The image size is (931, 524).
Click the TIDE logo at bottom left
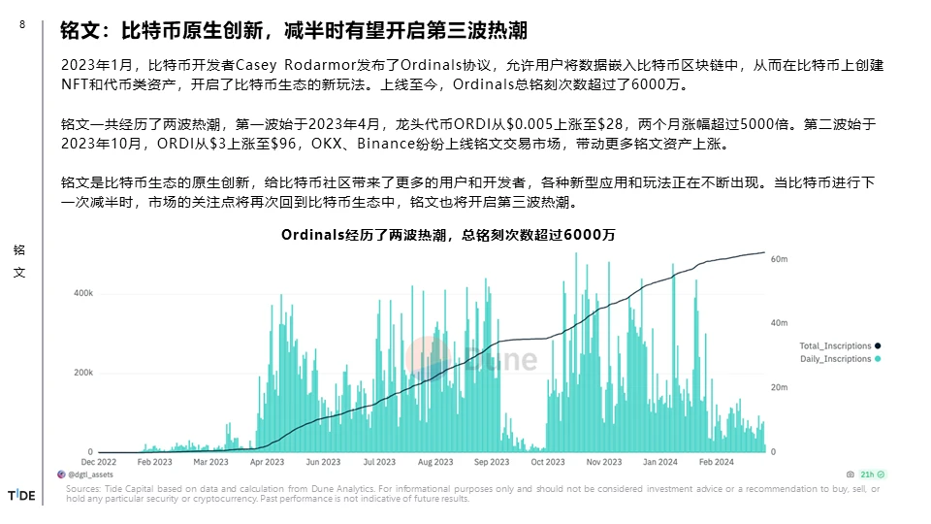point(21,496)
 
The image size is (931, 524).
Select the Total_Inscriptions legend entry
point(835,345)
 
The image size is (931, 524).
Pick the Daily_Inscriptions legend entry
point(835,359)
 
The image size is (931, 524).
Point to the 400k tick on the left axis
point(83,292)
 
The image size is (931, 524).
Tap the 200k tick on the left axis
point(83,373)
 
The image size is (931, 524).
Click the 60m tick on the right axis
point(778,260)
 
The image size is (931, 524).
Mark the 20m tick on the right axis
point(778,388)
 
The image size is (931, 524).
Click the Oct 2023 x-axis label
point(548,463)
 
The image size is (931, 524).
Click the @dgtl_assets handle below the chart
point(88,475)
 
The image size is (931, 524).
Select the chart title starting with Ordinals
point(448,235)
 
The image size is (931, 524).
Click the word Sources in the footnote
point(82,489)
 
